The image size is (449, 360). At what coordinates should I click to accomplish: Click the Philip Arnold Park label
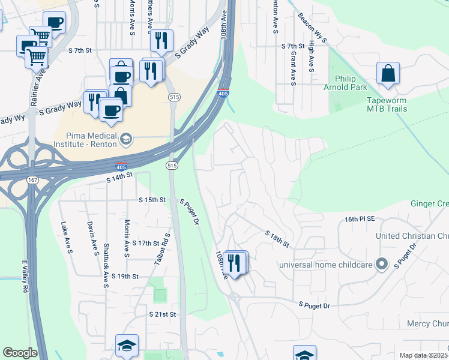(x=354, y=83)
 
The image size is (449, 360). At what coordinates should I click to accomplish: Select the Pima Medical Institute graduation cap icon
(x=125, y=139)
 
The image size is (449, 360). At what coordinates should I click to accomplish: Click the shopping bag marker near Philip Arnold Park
(x=388, y=74)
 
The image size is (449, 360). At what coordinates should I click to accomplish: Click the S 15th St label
(x=151, y=200)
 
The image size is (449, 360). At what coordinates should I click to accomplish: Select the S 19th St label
(x=125, y=277)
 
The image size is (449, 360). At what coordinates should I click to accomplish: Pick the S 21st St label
(x=163, y=314)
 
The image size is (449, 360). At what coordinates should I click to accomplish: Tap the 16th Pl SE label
(x=360, y=220)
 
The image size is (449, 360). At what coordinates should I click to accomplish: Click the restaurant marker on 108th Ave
(x=235, y=262)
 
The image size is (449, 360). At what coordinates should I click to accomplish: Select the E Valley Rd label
(x=25, y=277)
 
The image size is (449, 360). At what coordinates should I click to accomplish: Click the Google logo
(x=20, y=353)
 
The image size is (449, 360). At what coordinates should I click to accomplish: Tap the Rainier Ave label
(x=42, y=70)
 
